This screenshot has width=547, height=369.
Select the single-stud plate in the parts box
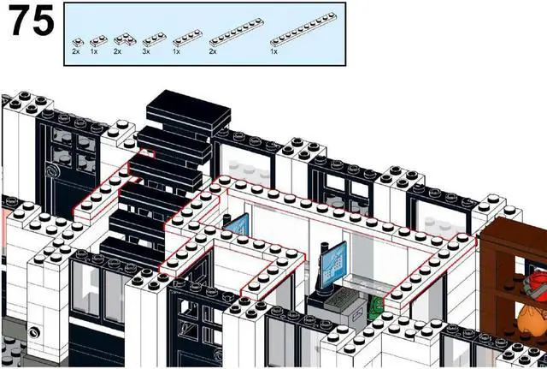click(x=76, y=40)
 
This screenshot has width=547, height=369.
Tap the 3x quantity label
click(x=146, y=52)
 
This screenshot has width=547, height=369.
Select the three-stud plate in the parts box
click(x=153, y=39)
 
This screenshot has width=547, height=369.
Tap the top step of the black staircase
click(x=189, y=110)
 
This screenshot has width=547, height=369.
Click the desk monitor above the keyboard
click(x=335, y=258)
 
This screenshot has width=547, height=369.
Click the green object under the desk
click(x=373, y=307)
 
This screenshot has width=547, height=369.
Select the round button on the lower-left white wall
click(x=35, y=331)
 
